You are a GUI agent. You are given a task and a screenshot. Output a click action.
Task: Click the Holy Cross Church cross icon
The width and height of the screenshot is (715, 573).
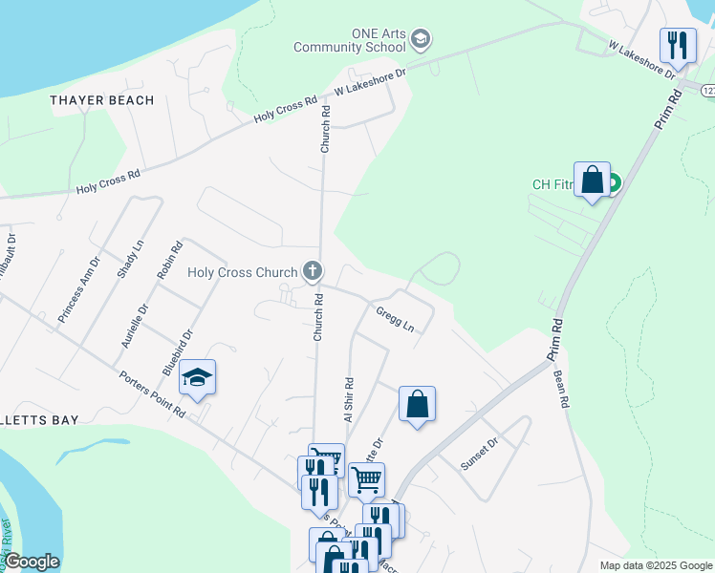312,272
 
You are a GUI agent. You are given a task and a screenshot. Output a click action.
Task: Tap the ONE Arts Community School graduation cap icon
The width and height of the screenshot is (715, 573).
422,40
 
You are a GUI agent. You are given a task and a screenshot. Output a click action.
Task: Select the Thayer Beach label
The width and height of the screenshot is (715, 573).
102,100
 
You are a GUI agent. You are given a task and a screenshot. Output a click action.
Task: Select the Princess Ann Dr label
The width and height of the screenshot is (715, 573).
78,287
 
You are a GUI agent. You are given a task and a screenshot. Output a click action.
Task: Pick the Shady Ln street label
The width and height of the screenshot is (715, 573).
130,258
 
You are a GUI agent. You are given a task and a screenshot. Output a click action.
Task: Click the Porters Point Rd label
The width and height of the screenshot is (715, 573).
152,394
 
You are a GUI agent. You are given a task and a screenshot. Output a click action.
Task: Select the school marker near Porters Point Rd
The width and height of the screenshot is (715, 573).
197,377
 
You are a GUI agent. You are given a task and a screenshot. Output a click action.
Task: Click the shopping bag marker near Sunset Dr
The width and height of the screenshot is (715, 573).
417,404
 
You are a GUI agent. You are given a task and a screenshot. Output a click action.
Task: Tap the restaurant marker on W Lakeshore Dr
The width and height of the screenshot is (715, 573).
678,45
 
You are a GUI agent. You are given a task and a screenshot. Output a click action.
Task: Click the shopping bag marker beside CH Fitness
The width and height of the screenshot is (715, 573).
592,180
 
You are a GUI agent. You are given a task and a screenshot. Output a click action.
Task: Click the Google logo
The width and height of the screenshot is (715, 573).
32,562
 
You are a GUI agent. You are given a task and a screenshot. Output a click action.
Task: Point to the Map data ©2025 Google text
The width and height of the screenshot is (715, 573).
654,565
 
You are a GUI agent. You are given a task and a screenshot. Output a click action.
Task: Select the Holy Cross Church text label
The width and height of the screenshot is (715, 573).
244,272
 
